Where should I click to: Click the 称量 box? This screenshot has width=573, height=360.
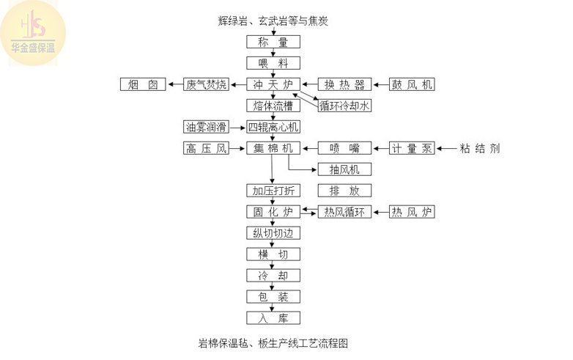pos(273,42)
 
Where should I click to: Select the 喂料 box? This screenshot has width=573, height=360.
pos(273,63)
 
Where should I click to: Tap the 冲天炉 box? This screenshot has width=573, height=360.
pos(273,84)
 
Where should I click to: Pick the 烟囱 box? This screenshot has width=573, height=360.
pos(143,84)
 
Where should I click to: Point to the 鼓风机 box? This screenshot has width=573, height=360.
pos(412,84)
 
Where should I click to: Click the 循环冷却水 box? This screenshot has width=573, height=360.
pos(345,106)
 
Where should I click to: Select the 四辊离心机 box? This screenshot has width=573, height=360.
pos(273,127)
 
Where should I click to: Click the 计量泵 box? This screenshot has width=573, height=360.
pos(412,148)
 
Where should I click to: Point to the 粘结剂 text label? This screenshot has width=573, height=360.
pos(480,148)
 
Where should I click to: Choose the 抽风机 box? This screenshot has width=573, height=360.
pos(344,169)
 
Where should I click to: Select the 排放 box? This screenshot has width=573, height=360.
pos(344,191)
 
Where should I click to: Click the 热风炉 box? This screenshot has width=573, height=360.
pos(412,212)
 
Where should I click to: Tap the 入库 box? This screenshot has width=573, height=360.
pos(273,318)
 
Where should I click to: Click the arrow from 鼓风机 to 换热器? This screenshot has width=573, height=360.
pos(380,84)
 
